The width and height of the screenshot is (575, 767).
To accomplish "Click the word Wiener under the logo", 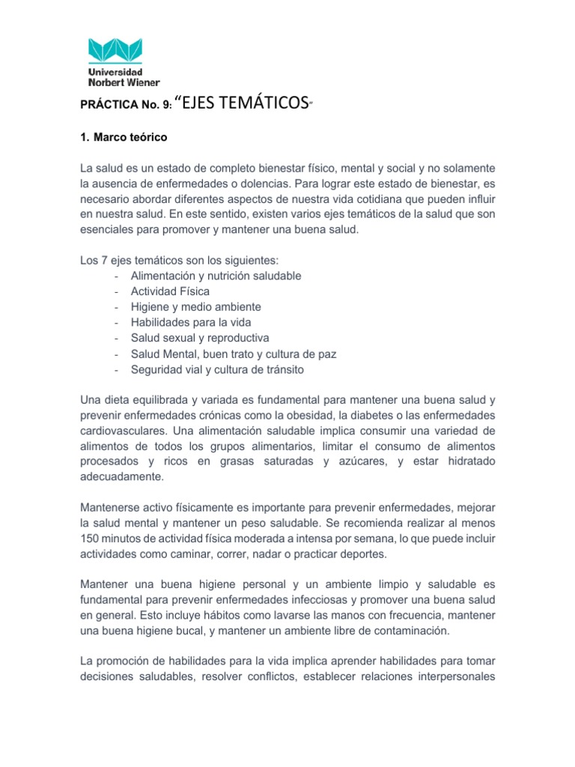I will pyautogui.click(x=141, y=82).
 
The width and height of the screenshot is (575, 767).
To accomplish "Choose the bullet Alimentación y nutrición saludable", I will pyautogui.click(x=216, y=276).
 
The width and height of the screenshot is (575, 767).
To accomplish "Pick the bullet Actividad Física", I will pyautogui.click(x=170, y=291).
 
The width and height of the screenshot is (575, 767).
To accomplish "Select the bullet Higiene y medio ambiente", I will pyautogui.click(x=195, y=307).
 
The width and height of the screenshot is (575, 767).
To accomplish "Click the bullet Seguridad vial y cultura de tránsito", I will pyautogui.click(x=217, y=369).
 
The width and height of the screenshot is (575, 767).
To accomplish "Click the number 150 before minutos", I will pyautogui.click(x=89, y=539).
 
